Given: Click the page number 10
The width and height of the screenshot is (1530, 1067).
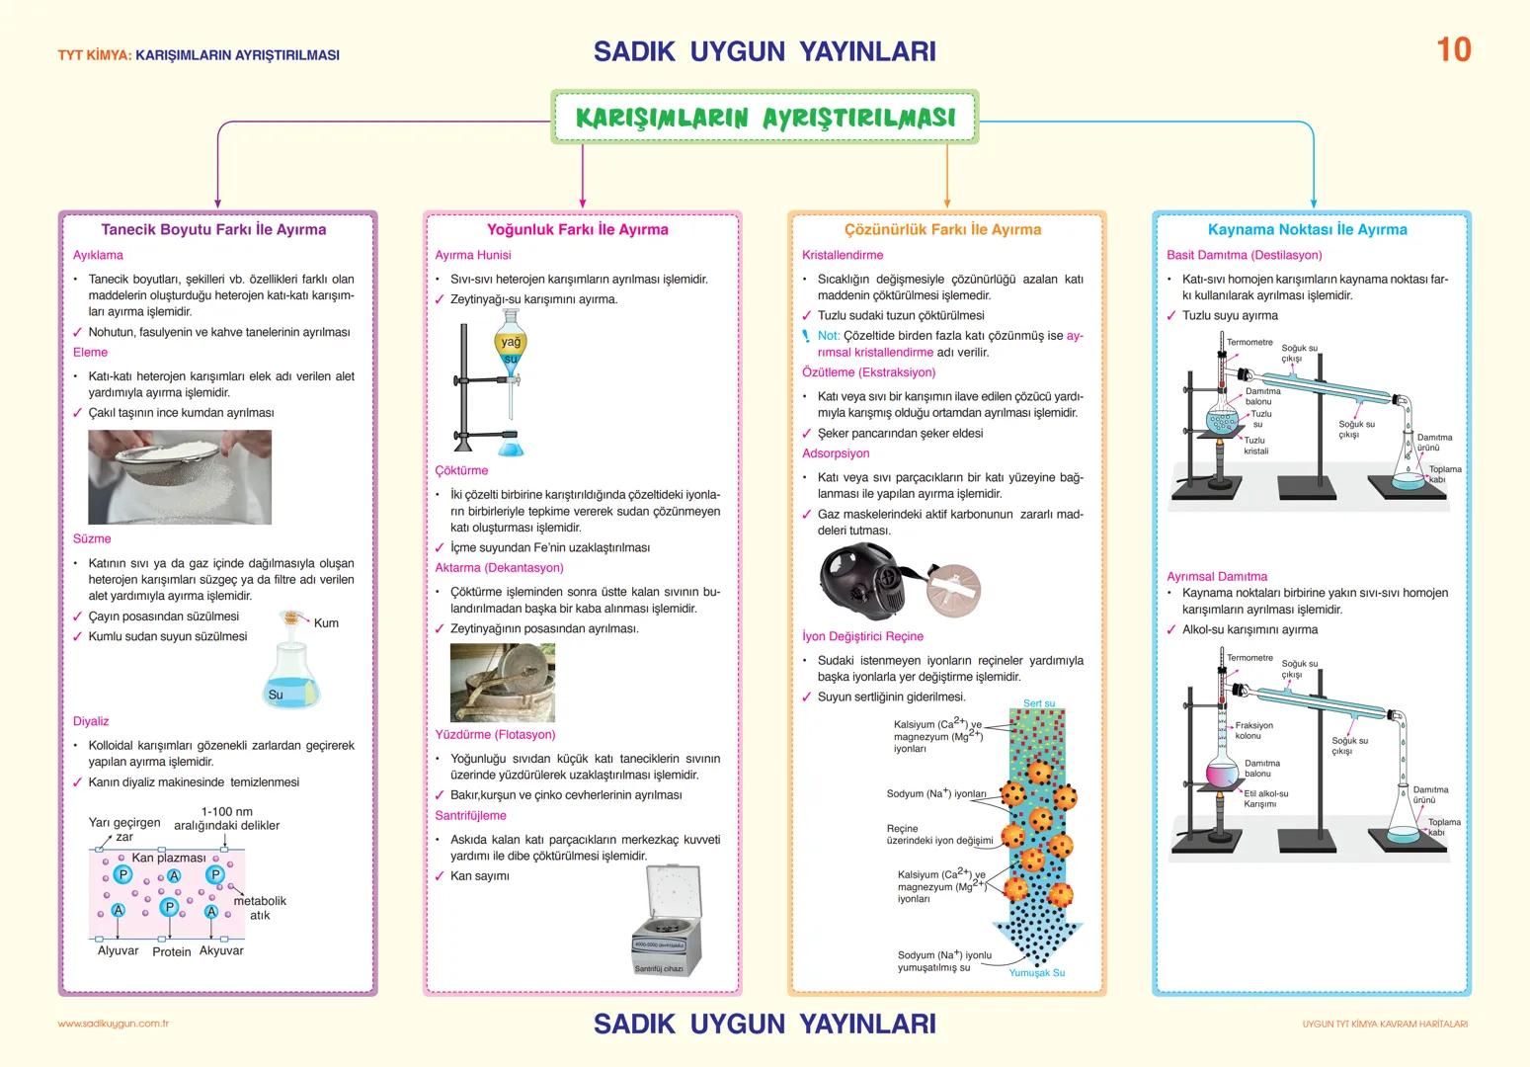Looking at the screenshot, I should [x=1453, y=49].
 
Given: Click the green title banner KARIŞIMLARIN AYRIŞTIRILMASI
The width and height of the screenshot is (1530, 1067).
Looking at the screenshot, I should [x=765, y=118].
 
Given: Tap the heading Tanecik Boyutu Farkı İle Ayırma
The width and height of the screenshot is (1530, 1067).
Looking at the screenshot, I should [x=213, y=229].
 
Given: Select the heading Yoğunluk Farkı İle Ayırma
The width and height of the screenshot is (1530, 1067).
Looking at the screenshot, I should [x=577, y=229].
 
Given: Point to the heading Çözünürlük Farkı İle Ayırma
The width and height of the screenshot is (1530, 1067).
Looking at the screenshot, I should [x=942, y=229].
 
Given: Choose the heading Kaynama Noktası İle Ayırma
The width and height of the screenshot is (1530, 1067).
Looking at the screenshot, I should [x=1307, y=229].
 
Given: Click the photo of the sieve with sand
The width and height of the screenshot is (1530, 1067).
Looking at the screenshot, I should [x=179, y=476].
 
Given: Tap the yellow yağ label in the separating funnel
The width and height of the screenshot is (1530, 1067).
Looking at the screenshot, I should [x=511, y=342].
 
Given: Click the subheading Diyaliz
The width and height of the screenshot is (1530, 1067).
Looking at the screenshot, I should [x=91, y=721].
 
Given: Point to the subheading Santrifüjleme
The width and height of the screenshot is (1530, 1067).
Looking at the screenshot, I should [x=470, y=815].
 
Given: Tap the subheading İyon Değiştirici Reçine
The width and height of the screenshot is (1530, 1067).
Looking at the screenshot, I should [x=862, y=636].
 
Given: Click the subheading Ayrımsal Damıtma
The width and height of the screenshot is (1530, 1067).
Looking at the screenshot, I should [x=1216, y=576].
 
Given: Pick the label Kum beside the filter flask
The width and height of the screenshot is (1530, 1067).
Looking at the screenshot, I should [x=326, y=622].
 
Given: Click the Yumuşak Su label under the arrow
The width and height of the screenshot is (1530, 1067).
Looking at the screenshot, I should [x=1036, y=972].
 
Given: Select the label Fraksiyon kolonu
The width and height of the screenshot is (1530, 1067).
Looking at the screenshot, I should [x=1253, y=730].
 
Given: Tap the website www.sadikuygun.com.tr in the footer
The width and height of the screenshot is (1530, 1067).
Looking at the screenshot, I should [x=114, y=1024].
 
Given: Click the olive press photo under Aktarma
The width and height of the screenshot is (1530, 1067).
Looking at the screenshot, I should [x=502, y=683].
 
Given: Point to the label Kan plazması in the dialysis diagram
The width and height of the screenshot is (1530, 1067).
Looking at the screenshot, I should [x=169, y=858].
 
